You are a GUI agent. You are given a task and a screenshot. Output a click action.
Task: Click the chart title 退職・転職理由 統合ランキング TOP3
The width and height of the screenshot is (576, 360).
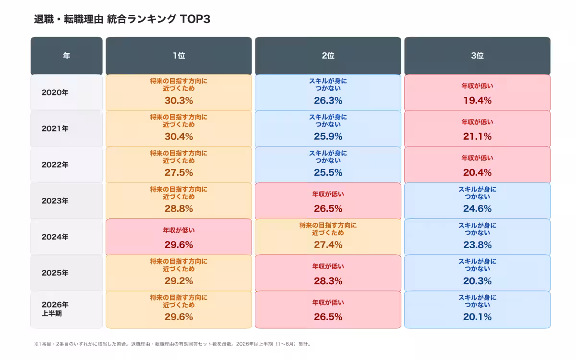[122, 19]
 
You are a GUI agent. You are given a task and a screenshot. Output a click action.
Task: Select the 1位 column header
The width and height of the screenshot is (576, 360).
[179, 56]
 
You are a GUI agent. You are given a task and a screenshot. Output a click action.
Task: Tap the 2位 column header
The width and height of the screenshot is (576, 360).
[328, 56]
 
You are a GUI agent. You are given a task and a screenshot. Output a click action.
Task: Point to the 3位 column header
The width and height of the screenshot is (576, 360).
[477, 56]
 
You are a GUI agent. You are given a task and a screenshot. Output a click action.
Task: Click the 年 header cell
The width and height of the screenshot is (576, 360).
[67, 56]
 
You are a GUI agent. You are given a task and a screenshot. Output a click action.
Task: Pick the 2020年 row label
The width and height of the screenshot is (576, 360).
[55, 93]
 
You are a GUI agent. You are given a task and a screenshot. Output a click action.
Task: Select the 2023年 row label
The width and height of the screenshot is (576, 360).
[55, 201]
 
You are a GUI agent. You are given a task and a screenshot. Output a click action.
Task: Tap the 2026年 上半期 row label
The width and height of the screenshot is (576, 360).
[55, 309]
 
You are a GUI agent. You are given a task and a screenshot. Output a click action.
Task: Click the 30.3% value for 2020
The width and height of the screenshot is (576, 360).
[179, 100]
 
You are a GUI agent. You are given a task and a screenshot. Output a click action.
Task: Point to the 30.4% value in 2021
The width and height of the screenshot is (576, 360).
[179, 136]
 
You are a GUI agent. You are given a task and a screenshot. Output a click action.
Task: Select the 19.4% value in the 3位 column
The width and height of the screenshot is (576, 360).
[477, 100]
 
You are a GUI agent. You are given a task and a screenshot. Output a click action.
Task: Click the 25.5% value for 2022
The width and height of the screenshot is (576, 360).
[328, 172]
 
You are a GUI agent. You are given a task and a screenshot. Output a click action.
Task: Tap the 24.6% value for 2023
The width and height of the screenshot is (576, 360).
[477, 208]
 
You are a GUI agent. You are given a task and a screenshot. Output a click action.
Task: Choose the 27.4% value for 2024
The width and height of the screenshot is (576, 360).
[328, 245]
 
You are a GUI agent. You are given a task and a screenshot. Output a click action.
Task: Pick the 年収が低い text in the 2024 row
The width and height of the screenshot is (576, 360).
[179, 230]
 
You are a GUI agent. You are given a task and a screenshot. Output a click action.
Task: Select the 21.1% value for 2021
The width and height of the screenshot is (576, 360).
[477, 136]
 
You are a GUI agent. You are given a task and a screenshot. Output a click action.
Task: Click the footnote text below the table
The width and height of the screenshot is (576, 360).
[172, 344]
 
